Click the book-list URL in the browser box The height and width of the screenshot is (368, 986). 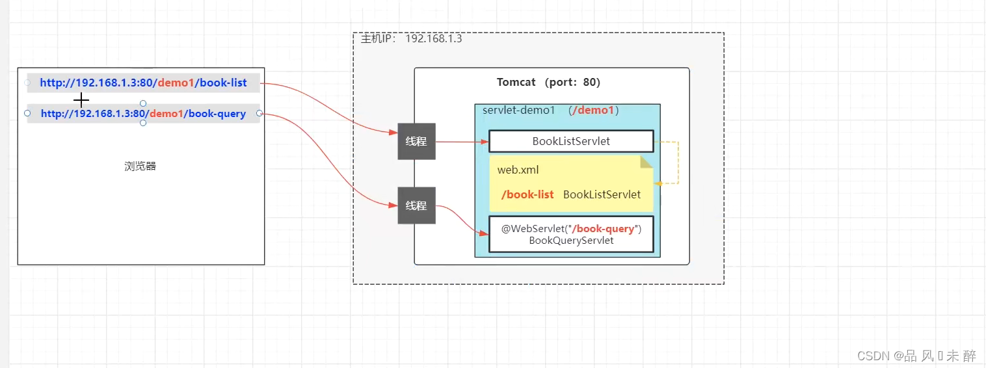click(143, 83)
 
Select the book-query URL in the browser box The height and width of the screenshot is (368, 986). click(143, 114)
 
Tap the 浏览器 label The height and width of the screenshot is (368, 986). click(140, 166)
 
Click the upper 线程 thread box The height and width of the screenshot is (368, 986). click(416, 141)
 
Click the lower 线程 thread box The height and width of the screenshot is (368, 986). click(416, 205)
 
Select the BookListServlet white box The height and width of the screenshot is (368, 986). click(570, 141)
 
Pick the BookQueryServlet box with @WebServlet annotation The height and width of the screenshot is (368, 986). click(570, 234)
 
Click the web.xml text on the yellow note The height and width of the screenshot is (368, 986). click(518, 170)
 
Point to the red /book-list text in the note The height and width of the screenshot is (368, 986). click(527, 194)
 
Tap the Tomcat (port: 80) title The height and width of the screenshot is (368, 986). click(548, 83)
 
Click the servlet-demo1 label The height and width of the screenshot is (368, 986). click(518, 111)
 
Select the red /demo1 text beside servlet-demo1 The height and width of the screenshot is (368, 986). click(593, 111)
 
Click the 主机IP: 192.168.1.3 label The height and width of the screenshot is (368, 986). click(411, 39)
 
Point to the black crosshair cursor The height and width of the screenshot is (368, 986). click(81, 100)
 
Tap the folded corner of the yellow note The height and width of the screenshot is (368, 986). click(646, 161)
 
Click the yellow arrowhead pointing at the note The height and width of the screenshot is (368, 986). click(658, 183)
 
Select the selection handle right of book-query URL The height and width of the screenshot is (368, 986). click(260, 114)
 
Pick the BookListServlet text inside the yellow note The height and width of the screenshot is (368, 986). click(602, 194)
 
